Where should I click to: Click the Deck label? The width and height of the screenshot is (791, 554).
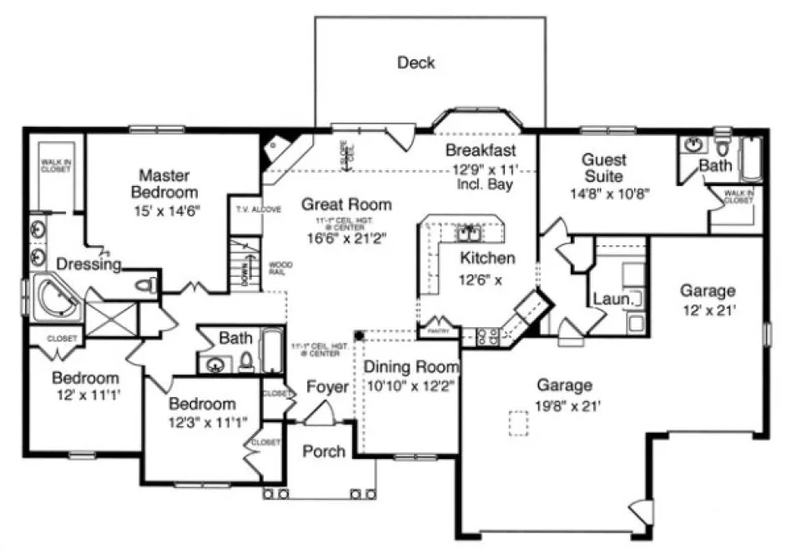tap(416, 63)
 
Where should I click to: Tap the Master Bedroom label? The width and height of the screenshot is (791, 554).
tap(164, 184)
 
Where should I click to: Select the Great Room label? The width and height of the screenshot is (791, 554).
tap(346, 204)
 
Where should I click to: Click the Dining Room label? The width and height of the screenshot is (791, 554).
tap(412, 367)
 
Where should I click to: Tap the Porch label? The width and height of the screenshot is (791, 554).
tap(324, 451)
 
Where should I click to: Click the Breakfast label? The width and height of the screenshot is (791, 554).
tap(480, 150)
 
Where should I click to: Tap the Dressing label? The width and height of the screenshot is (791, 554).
tap(89, 264)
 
